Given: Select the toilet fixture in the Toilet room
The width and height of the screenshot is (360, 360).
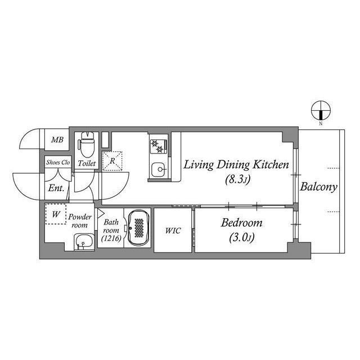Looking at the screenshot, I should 87,146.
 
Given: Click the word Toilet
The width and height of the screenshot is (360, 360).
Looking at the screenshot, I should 87,164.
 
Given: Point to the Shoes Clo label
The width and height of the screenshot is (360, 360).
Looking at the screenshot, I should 57,163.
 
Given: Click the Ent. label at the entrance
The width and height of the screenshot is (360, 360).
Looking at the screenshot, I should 56,188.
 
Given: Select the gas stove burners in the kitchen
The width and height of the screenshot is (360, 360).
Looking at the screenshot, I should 157,146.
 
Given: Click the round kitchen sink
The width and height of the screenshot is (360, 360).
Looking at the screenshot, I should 159,168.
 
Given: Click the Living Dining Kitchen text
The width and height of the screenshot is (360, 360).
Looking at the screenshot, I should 236,165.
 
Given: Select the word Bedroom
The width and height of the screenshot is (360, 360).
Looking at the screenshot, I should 241,223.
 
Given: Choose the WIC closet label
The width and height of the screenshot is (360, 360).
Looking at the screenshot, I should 173,231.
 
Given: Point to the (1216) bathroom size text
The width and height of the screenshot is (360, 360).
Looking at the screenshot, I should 110,239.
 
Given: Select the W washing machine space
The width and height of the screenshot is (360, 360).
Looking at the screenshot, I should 56,214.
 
